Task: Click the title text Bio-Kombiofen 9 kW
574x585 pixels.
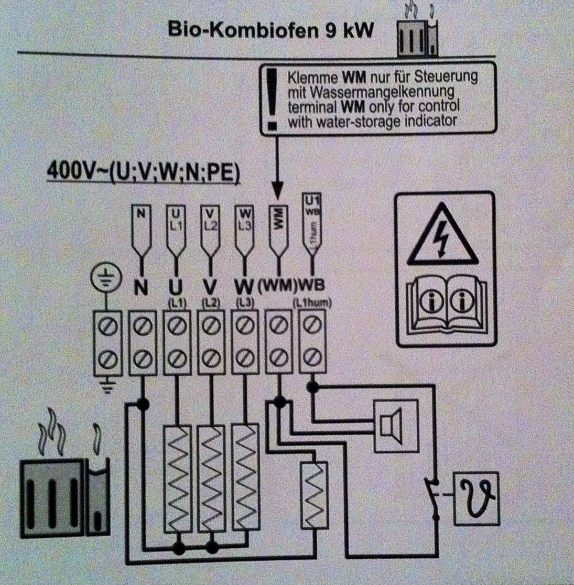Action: click(x=270, y=30)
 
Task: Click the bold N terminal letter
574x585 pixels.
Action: click(x=140, y=287)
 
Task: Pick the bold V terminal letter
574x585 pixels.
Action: click(x=209, y=287)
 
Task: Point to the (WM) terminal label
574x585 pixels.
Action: click(x=277, y=287)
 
